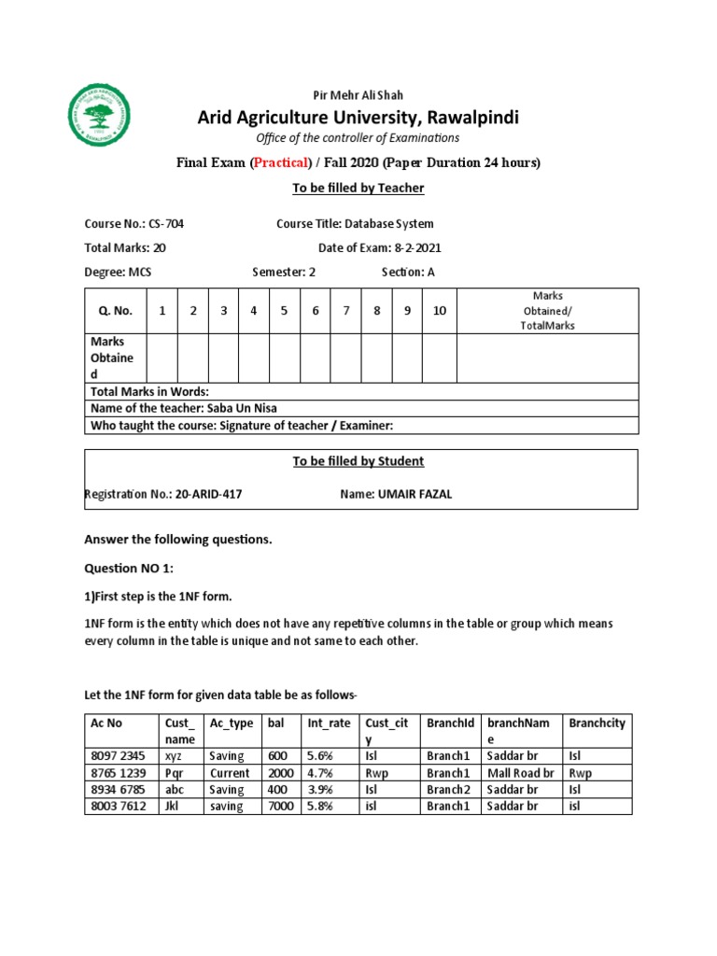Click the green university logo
tap(101, 116)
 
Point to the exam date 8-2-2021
tap(412, 247)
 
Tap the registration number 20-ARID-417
tap(208, 494)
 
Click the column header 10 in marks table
tap(439, 311)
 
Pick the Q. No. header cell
tap(116, 311)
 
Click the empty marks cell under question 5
tap(284, 358)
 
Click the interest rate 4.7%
tap(321, 773)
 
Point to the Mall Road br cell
tap(521, 773)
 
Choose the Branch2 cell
tap(447, 790)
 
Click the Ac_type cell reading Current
tap(230, 773)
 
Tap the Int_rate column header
tap(329, 724)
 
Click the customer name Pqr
tap(174, 773)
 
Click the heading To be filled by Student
tap(358, 461)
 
